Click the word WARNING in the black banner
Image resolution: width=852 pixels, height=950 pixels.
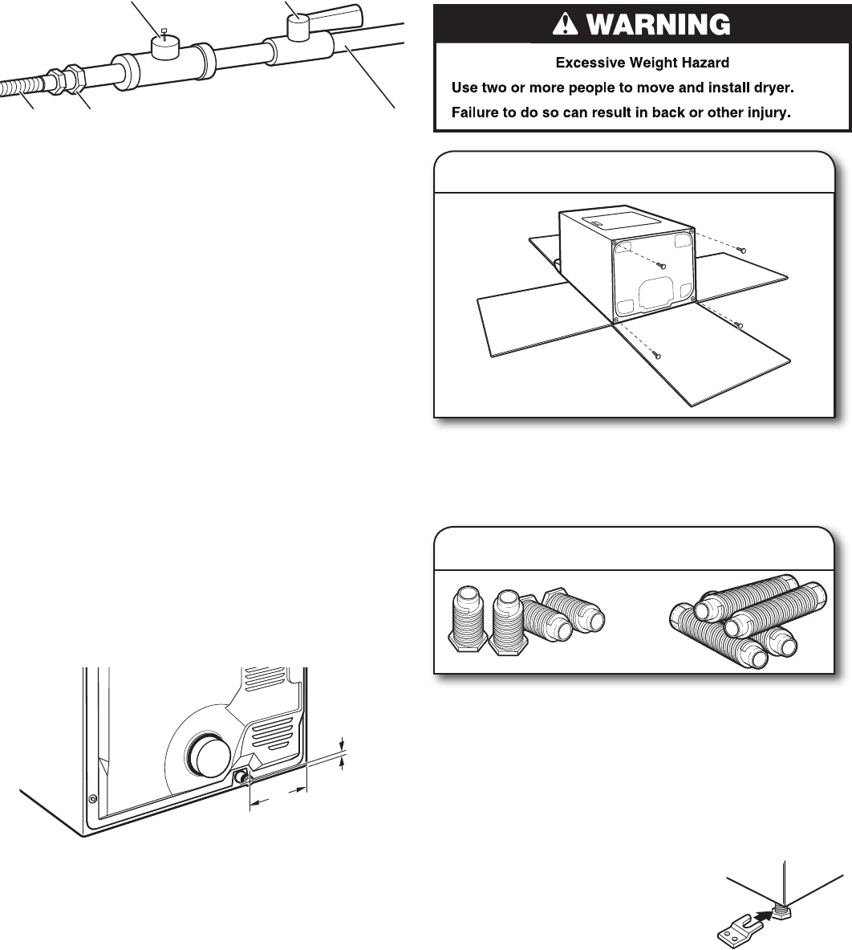(x=659, y=26)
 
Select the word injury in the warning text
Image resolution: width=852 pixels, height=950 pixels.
(x=765, y=113)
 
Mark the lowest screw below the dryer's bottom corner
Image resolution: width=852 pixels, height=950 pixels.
(x=656, y=354)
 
